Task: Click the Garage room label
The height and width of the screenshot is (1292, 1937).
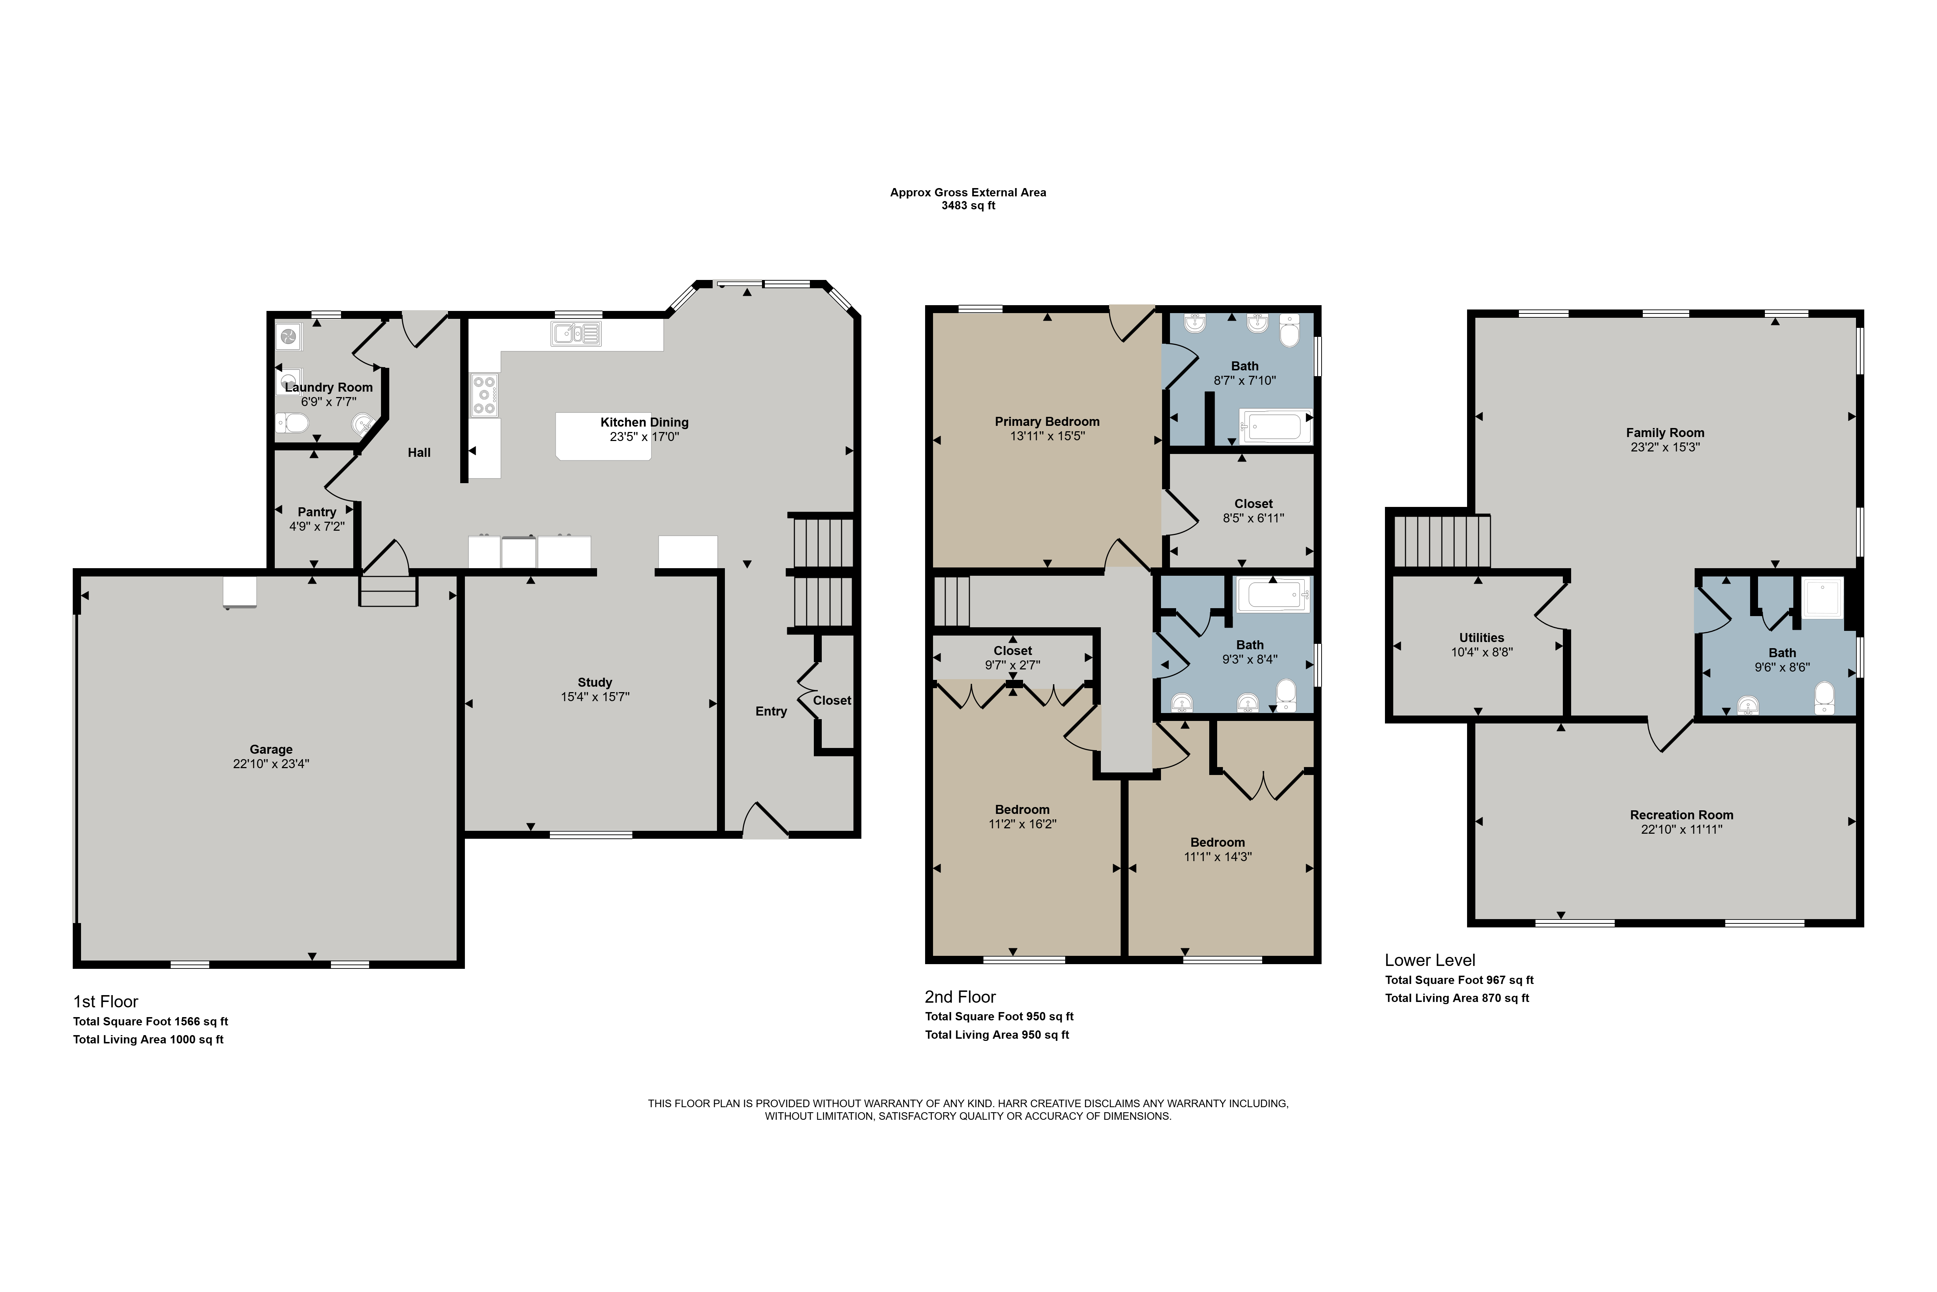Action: point(271,749)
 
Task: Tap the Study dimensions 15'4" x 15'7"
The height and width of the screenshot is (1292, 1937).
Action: point(595,697)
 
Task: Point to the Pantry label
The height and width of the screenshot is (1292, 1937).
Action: point(317,512)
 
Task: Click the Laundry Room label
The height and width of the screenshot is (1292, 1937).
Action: point(329,387)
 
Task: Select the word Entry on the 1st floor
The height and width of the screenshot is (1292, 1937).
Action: point(771,711)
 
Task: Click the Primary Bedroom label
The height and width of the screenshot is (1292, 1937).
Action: point(1047,421)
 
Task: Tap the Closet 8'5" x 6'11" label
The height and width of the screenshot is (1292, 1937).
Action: point(1254,503)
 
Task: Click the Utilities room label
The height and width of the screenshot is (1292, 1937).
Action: point(1481,638)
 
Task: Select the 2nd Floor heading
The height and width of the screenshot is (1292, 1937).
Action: point(960,997)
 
